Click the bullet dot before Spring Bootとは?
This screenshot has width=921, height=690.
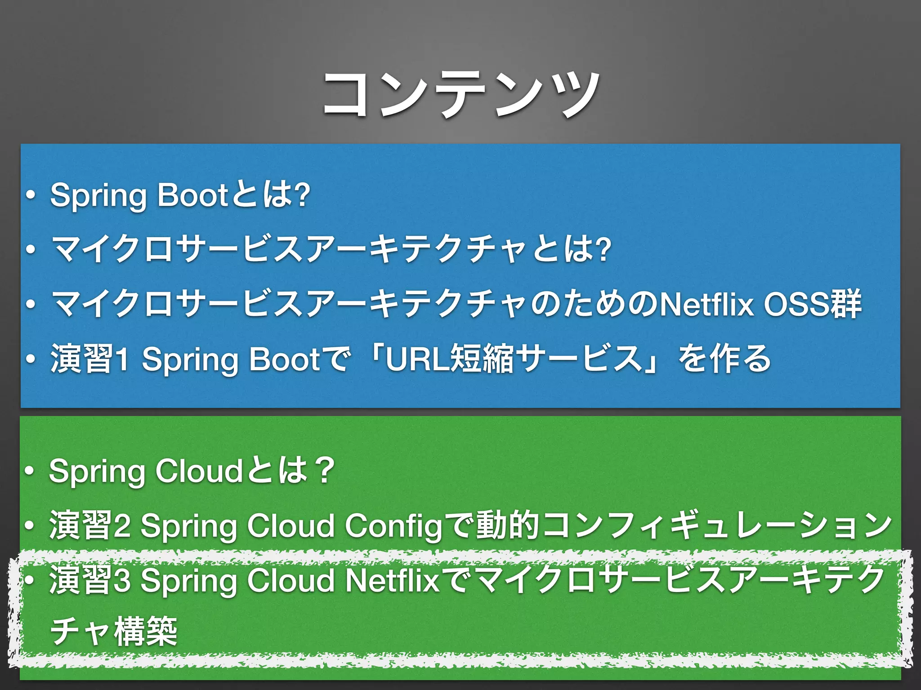pyautogui.click(x=31, y=196)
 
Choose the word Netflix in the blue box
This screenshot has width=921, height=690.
pyautogui.click(x=706, y=305)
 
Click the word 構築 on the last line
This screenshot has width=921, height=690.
pyautogui.click(x=146, y=632)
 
